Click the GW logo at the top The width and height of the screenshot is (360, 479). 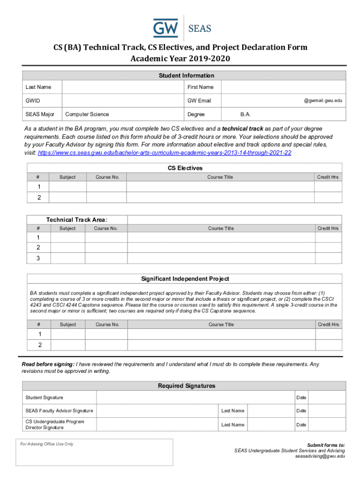[x=166, y=28]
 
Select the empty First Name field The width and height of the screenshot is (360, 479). [x=283, y=87]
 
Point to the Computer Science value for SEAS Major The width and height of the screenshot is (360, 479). [x=87, y=114]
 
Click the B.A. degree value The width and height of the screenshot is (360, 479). [x=245, y=114]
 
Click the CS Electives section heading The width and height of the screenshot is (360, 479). [x=185, y=168]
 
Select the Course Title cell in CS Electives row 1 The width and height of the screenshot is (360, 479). [x=220, y=186]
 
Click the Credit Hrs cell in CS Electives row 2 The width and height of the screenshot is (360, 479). [x=328, y=197]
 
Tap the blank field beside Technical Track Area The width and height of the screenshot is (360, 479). [x=234, y=220]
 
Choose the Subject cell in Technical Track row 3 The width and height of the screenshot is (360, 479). [x=67, y=258]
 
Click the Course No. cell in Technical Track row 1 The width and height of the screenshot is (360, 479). [x=106, y=238]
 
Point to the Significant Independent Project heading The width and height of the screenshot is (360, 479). [x=185, y=279]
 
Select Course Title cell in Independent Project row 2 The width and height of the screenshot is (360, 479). [x=221, y=345]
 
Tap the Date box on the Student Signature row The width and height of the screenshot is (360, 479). [x=327, y=398]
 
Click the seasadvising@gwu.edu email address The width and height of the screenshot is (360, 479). [x=320, y=456]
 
